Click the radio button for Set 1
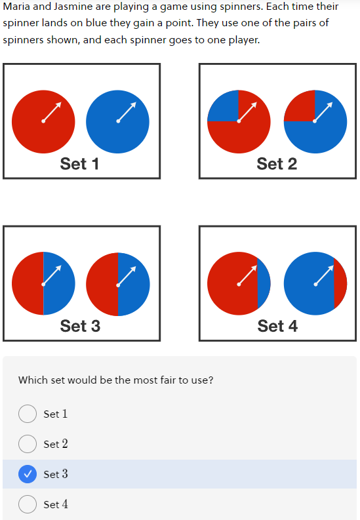point(28,414)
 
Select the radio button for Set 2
point(28,444)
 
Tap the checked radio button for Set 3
point(28,474)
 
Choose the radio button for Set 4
point(28,504)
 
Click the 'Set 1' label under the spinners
point(79,164)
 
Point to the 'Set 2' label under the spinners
point(277,164)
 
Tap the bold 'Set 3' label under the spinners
point(80,326)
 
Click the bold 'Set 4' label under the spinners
point(277,326)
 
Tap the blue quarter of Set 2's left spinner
point(226,109)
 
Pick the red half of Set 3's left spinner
point(29,283)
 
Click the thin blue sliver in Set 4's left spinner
point(264,283)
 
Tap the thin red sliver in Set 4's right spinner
point(340,283)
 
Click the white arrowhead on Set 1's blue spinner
point(133,105)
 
